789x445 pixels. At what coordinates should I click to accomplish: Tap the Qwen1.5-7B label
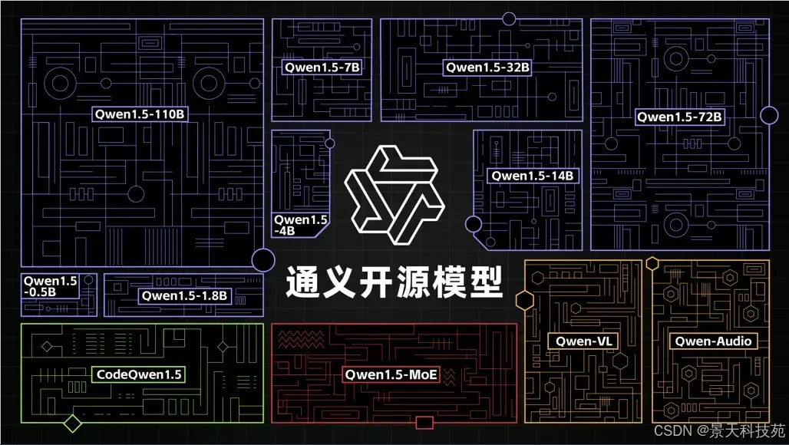click(322, 68)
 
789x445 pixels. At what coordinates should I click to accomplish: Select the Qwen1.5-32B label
click(487, 68)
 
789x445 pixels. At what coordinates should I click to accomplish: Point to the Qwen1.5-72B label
click(679, 117)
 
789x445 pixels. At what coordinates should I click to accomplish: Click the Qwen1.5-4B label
click(300, 225)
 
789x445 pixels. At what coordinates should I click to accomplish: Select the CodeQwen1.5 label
click(139, 374)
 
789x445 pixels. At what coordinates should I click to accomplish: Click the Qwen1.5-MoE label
click(391, 374)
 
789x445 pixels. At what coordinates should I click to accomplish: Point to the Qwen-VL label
click(583, 341)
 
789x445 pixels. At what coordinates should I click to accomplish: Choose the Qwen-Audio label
click(713, 341)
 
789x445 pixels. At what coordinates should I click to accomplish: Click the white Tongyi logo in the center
click(394, 194)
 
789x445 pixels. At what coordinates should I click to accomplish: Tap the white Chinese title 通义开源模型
click(394, 282)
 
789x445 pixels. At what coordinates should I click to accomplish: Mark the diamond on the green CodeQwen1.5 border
click(73, 423)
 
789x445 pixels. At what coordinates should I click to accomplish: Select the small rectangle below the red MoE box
click(424, 423)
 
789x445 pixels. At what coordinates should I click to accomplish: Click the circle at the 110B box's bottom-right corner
click(263, 260)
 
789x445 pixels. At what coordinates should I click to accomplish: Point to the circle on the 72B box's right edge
click(769, 115)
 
